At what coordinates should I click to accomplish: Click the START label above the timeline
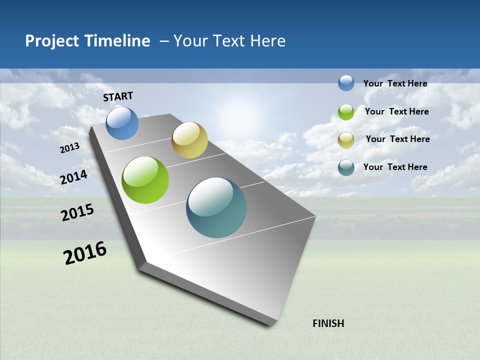[118, 96]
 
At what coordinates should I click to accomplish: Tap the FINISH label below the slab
[328, 323]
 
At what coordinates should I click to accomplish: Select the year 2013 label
[69, 148]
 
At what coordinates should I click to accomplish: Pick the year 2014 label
[74, 177]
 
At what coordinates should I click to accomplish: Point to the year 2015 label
[77, 212]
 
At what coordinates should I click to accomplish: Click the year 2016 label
[85, 253]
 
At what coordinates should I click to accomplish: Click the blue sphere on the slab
[122, 123]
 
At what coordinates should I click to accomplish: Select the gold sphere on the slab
[189, 140]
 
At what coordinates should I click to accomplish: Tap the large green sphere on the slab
[145, 180]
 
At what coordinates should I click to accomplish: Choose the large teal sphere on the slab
[216, 207]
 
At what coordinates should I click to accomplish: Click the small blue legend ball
[346, 83]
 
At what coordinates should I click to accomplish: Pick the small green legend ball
[346, 112]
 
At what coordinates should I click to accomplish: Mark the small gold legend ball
[346, 140]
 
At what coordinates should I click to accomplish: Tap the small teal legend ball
[346, 167]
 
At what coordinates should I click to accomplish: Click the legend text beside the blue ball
[395, 83]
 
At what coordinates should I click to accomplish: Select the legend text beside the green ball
[396, 111]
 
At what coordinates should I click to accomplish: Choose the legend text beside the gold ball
[397, 139]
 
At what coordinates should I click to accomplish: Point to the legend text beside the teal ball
[395, 167]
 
